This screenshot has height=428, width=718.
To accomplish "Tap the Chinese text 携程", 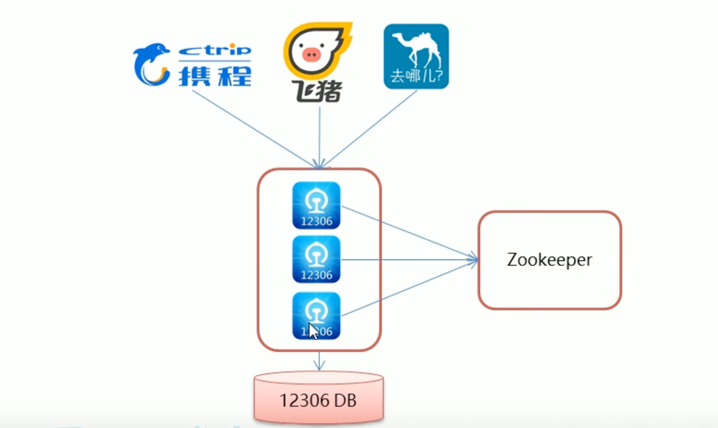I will [x=215, y=75].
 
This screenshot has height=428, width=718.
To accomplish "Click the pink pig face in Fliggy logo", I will [x=311, y=53].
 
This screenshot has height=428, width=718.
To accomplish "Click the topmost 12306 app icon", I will [x=316, y=205].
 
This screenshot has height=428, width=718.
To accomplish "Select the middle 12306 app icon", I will [x=316, y=259].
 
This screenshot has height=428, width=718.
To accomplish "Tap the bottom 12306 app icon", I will [x=316, y=315].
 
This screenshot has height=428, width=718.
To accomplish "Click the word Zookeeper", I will [x=550, y=260].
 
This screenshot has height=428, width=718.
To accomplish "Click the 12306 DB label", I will [x=318, y=400].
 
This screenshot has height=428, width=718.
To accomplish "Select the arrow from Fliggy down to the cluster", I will [x=319, y=137].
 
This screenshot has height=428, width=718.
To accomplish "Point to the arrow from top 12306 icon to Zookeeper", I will [x=407, y=232].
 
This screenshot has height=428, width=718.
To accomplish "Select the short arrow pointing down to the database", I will [x=318, y=361].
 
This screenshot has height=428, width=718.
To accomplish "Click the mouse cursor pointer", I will [x=312, y=331].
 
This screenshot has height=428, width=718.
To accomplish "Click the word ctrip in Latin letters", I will [x=215, y=51].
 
